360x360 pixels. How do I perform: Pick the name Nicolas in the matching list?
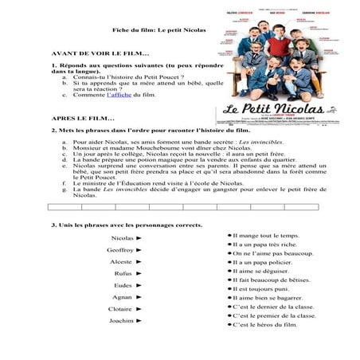coord(123,238)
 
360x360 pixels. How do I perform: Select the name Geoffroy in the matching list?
coord(120,249)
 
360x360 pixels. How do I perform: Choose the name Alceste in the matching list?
coord(121,261)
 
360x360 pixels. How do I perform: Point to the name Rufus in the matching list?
coord(123,273)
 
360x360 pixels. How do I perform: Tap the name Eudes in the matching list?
coord(123,284)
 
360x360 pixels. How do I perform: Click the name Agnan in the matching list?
coord(123,296)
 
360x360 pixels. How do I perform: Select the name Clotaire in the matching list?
coord(120,308)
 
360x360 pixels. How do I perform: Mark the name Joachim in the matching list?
coord(121,320)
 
